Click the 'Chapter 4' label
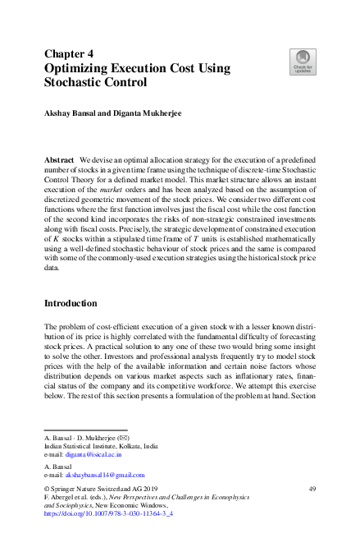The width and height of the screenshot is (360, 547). coord(68,53)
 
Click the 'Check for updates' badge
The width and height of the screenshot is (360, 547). coord(303,61)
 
